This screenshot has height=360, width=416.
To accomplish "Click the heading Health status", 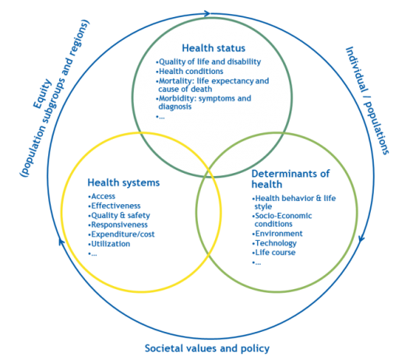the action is click(213, 48).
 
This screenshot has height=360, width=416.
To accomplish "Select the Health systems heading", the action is click(124, 183).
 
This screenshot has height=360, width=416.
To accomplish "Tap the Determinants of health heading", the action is click(291, 179).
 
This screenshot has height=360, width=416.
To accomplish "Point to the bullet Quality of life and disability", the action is click(209, 62).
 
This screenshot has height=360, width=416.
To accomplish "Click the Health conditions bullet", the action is click(189, 72).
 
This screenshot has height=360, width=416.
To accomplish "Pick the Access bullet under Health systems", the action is click(101, 196).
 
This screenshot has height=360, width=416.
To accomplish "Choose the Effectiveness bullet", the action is click(115, 206).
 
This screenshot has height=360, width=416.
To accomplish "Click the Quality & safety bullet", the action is click(119, 215).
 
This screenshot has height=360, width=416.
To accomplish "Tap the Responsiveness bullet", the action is click(118, 225).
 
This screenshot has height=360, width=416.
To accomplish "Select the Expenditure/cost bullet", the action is click(122, 235).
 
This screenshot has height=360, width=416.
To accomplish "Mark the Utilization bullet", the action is click(109, 244).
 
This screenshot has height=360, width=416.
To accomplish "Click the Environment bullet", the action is click(277, 234).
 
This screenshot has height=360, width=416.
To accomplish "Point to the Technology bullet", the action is click(274, 243).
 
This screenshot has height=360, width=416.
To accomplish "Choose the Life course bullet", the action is click(273, 252).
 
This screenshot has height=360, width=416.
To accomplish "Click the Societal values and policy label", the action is click(207, 348).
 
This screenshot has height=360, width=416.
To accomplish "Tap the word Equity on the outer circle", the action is click(42, 94).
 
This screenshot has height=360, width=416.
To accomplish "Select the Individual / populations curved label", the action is click(368, 101).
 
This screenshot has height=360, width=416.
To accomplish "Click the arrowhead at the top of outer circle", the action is click(207, 13).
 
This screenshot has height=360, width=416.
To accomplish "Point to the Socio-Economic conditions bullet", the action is click(282, 220).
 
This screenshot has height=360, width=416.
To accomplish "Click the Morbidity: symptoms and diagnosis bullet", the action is click(203, 103).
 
